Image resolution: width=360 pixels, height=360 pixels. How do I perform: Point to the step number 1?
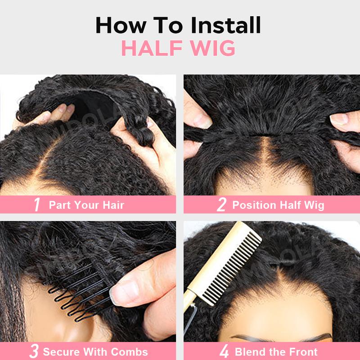point(38,205)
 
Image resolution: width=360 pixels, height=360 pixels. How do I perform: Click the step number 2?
point(221,205)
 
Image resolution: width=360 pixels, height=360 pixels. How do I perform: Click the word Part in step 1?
point(60,206)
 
